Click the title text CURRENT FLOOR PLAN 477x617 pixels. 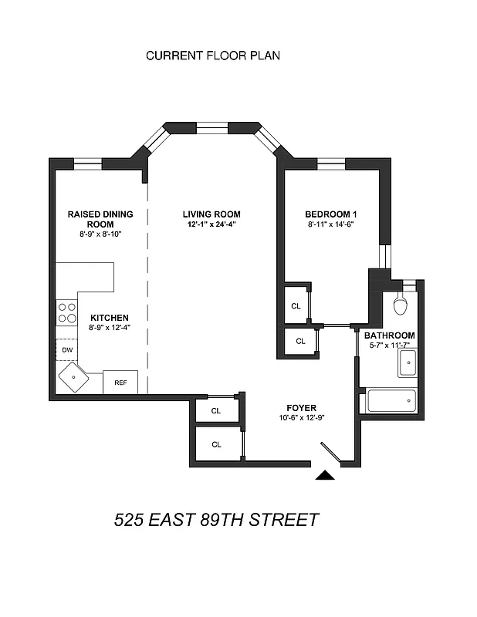point(212,56)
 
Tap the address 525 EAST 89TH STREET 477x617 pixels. point(216,519)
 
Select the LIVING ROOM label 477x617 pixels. point(211,214)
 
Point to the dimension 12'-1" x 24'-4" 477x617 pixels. point(211,224)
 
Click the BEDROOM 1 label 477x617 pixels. point(330,214)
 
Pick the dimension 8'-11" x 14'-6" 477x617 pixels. point(330,224)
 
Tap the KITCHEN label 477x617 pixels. point(109,318)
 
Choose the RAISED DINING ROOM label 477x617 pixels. point(100,218)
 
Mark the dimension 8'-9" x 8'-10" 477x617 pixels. point(100,234)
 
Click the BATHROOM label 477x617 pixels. point(390,335)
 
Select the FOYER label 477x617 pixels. point(301,408)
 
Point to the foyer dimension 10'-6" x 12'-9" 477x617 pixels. point(301,418)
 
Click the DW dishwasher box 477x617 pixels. point(66,349)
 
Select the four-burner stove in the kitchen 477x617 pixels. point(67,312)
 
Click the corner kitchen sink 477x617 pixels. point(75,378)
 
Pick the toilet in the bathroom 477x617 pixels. point(400,305)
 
